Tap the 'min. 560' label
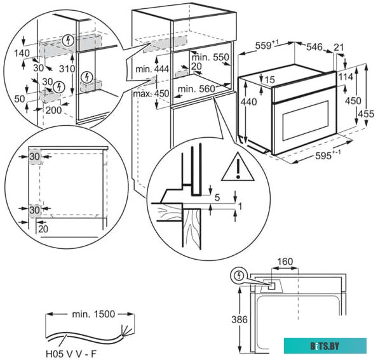point(196,89)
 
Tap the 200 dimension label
point(54,110)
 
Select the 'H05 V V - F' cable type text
point(71,354)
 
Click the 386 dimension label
point(238,321)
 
